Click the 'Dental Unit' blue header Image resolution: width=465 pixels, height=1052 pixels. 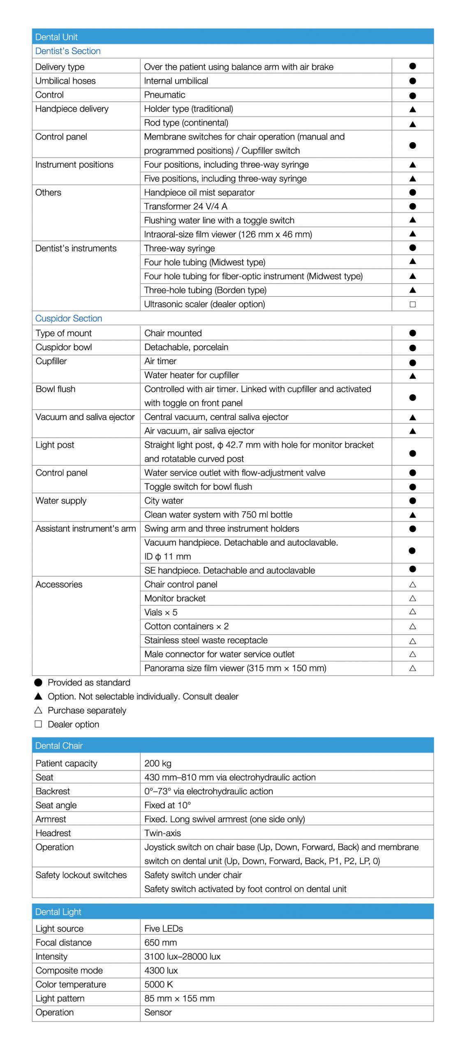(x=56, y=37)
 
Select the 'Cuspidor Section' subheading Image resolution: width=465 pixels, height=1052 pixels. (x=69, y=318)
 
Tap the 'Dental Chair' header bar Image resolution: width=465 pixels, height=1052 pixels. (x=59, y=745)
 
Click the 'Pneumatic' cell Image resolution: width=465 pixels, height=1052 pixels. (x=164, y=95)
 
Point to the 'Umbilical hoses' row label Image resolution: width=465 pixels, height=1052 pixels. (x=65, y=81)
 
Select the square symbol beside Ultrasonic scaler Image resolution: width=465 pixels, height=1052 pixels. (x=413, y=305)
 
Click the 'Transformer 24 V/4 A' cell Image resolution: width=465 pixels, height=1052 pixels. (x=185, y=206)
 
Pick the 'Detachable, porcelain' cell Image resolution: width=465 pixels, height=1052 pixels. (x=186, y=347)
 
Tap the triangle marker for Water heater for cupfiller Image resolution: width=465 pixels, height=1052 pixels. (x=413, y=376)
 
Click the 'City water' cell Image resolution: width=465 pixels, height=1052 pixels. (x=164, y=501)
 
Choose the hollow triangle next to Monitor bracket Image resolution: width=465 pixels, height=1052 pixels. (x=413, y=598)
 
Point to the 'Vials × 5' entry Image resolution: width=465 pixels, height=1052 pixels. (x=161, y=612)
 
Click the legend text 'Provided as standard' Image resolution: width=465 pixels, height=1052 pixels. (x=89, y=683)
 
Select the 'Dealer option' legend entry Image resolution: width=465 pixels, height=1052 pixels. (x=73, y=724)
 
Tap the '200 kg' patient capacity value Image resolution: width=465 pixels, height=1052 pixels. (x=157, y=764)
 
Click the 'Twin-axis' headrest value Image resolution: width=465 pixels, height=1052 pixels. (x=162, y=833)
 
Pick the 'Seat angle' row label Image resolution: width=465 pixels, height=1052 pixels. (x=56, y=805)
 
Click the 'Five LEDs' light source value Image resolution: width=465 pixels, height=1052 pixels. (x=163, y=928)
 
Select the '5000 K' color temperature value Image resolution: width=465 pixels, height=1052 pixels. (x=158, y=984)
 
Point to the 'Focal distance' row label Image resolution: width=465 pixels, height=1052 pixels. (x=63, y=942)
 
